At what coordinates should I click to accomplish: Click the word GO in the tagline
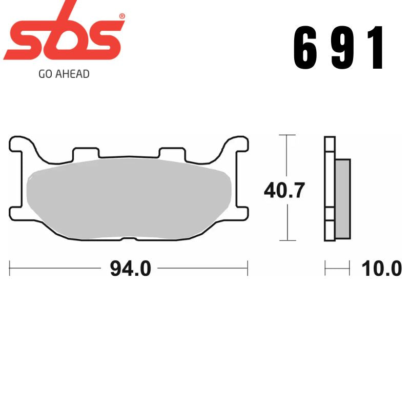tap(45, 74)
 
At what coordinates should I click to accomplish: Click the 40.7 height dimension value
tap(284, 191)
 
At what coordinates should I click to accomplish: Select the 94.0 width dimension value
tap(130, 268)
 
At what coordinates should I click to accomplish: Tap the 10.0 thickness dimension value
tap(381, 268)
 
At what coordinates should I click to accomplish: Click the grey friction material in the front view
tap(128, 197)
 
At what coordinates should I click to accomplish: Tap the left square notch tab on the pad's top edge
tap(86, 153)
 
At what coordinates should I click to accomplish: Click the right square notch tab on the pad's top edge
tap(172, 153)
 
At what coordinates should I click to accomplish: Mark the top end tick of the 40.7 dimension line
tap(287, 135)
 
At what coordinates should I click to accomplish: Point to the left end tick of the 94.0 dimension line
tap(10, 268)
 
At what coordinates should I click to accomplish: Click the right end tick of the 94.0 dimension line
tap(248, 268)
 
